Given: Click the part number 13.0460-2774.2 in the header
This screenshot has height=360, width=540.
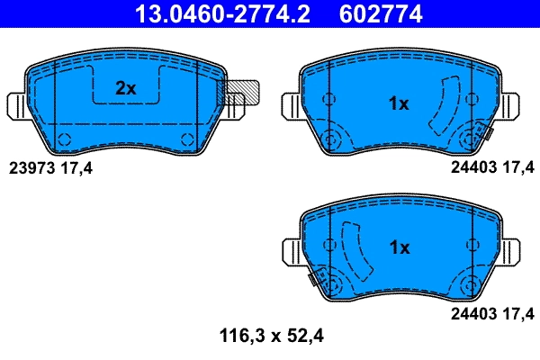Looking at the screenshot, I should [227, 14].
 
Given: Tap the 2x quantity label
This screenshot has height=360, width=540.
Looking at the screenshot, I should [125, 88].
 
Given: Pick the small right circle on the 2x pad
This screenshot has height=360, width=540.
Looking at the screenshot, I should [187, 138].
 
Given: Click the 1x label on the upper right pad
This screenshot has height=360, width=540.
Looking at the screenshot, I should [398, 104].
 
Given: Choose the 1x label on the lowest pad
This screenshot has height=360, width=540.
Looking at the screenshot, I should [399, 247].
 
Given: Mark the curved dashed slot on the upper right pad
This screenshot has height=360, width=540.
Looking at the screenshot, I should [442, 106].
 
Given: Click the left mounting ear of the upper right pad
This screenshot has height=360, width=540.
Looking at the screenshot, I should [291, 105].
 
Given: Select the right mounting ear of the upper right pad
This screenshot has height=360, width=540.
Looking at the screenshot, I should [512, 105].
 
